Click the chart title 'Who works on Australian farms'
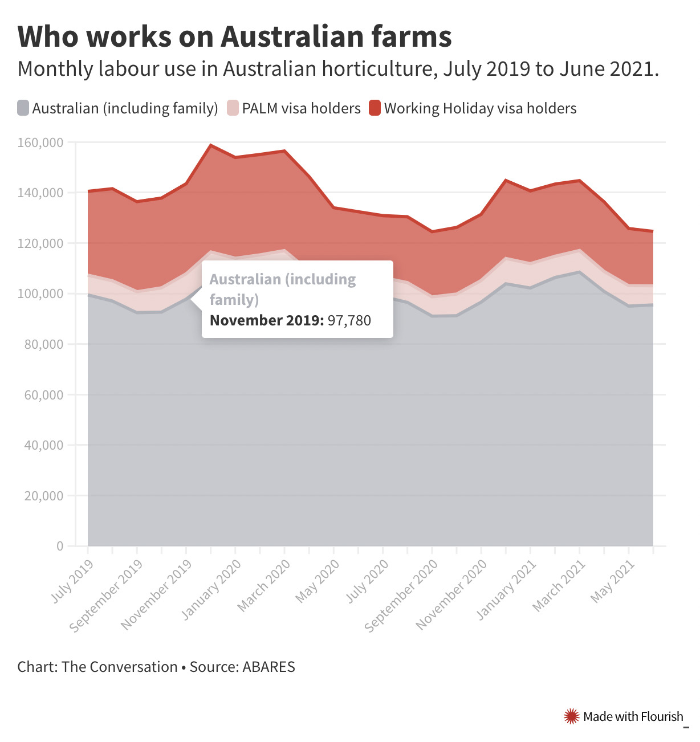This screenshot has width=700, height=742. [x=234, y=36]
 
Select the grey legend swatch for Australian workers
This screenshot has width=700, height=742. [x=23, y=108]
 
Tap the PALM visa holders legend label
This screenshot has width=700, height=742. [x=301, y=108]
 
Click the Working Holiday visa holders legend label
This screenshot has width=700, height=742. [x=480, y=108]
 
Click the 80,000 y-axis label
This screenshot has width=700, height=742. [x=43, y=344]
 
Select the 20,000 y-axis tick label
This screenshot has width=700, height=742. [x=43, y=496]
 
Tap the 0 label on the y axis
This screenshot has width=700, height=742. [x=59, y=546]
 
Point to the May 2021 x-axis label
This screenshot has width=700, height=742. [x=613, y=581]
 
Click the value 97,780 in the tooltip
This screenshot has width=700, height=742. [x=349, y=320]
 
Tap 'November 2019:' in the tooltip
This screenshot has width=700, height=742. [x=266, y=320]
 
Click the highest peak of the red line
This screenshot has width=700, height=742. [x=211, y=145]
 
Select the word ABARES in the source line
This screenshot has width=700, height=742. [x=268, y=667]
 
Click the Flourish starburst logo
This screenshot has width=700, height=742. [x=571, y=716]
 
